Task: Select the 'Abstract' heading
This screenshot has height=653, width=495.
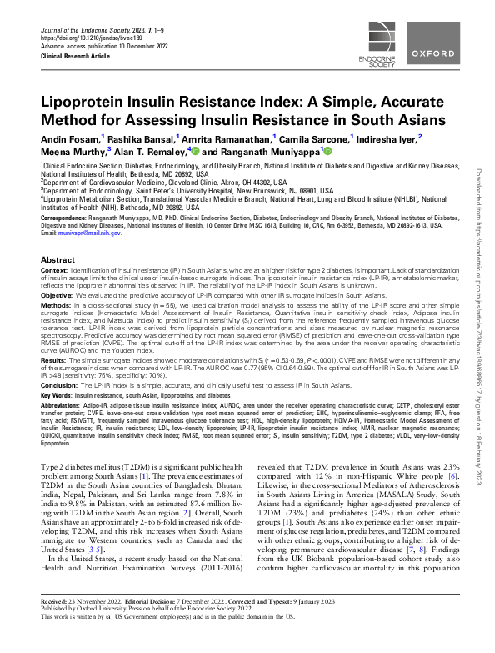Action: tap(57, 261)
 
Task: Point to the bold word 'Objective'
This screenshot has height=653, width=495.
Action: tap(58, 296)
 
